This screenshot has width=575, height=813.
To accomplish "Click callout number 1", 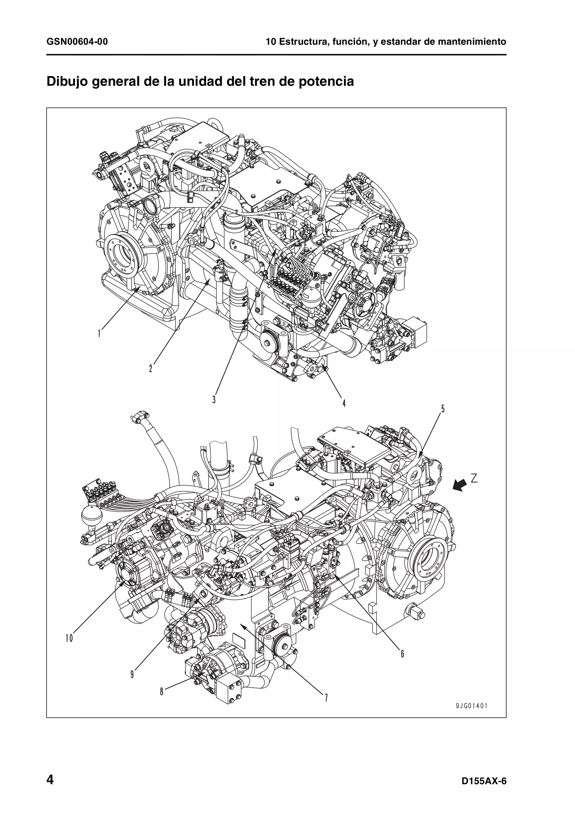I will [100, 333].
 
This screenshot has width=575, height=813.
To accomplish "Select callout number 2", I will [151, 368].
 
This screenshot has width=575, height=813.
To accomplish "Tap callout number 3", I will [214, 400].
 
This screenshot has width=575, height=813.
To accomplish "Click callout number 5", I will [443, 409].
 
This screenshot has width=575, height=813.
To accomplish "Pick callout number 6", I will [402, 654].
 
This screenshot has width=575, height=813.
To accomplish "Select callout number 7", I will [326, 698].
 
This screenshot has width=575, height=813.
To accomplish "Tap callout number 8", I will [161, 692].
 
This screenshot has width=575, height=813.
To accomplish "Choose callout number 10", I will [69, 638].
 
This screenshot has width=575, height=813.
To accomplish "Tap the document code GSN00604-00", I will [77, 42].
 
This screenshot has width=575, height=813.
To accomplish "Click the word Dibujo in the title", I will [69, 82].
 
